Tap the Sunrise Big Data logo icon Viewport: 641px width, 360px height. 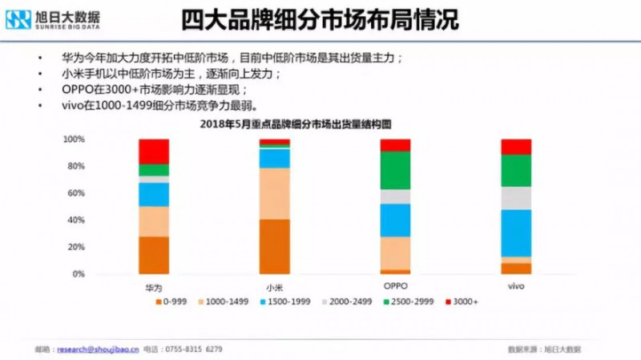[x=18, y=19]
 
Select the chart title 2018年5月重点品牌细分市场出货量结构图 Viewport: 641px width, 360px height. [x=304, y=125]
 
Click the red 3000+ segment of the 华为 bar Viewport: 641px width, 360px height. [x=154, y=151]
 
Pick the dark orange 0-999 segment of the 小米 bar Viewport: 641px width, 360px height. [x=274, y=246]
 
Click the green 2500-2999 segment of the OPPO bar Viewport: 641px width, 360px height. [x=395, y=170]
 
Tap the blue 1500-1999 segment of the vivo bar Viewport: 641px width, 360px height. [x=516, y=233]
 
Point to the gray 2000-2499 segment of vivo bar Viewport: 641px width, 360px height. [x=516, y=198]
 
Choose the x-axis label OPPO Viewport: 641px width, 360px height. [x=395, y=285]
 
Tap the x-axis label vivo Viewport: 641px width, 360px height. [x=516, y=285]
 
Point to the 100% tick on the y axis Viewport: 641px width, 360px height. [x=74, y=140]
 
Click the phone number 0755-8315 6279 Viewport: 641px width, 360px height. [x=193, y=350]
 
